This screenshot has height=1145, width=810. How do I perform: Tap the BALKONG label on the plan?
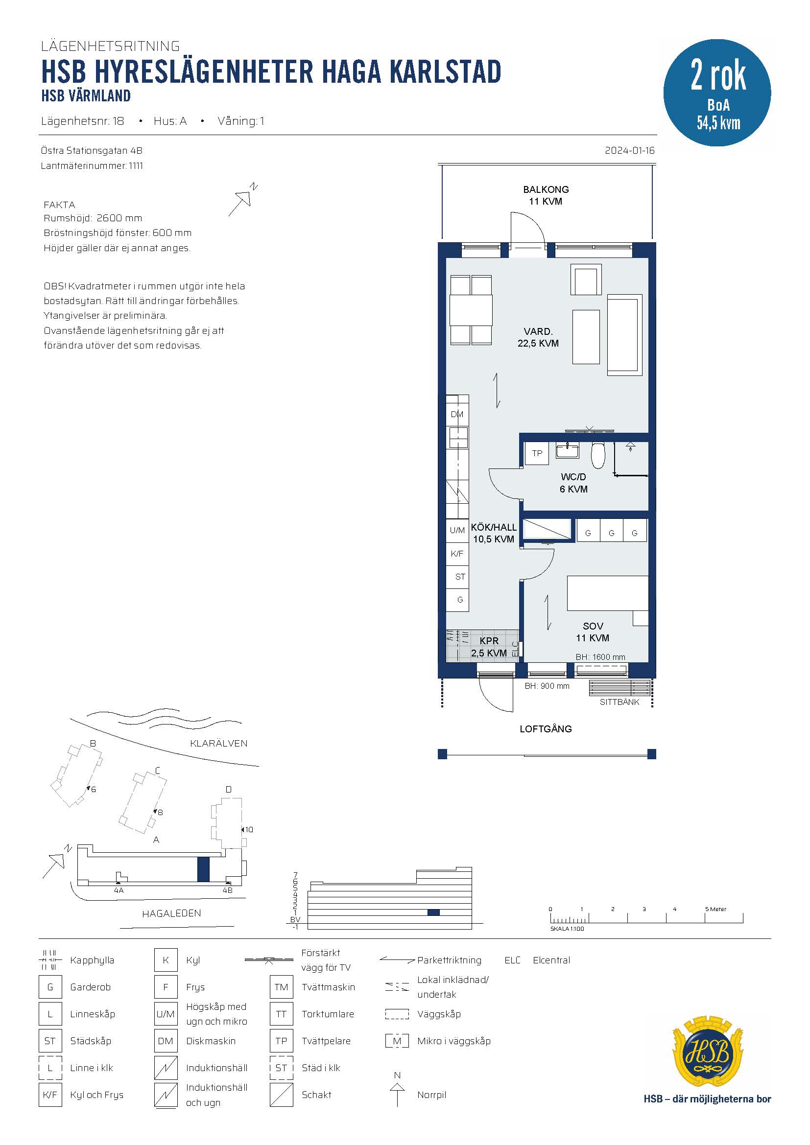pyautogui.click(x=546, y=189)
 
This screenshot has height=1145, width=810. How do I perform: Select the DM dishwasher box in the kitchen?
pyautogui.click(x=457, y=414)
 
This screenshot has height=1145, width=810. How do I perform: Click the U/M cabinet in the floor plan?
pyautogui.click(x=457, y=530)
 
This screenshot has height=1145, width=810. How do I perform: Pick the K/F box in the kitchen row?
pyautogui.click(x=457, y=554)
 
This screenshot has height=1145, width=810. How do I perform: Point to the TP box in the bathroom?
pyautogui.click(x=537, y=453)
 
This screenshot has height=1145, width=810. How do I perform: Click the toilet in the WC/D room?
pyautogui.click(x=597, y=453)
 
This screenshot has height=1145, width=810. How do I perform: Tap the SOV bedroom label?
pyautogui.click(x=593, y=626)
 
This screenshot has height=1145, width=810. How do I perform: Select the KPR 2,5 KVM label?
pyautogui.click(x=489, y=647)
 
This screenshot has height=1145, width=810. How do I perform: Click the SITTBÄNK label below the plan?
pyautogui.click(x=619, y=701)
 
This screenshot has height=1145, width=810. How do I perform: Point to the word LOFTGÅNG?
pyautogui.click(x=546, y=728)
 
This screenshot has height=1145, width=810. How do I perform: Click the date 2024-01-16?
pyautogui.click(x=629, y=151)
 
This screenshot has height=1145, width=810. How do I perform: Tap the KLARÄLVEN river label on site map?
pyautogui.click(x=218, y=743)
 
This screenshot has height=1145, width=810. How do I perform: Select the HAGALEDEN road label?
pyautogui.click(x=171, y=913)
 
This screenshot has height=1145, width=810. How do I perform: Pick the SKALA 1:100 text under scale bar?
pyautogui.click(x=567, y=929)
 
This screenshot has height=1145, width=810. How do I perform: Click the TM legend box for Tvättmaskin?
pyautogui.click(x=281, y=987)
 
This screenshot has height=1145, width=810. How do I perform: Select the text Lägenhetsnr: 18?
pyautogui.click(x=82, y=121)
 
